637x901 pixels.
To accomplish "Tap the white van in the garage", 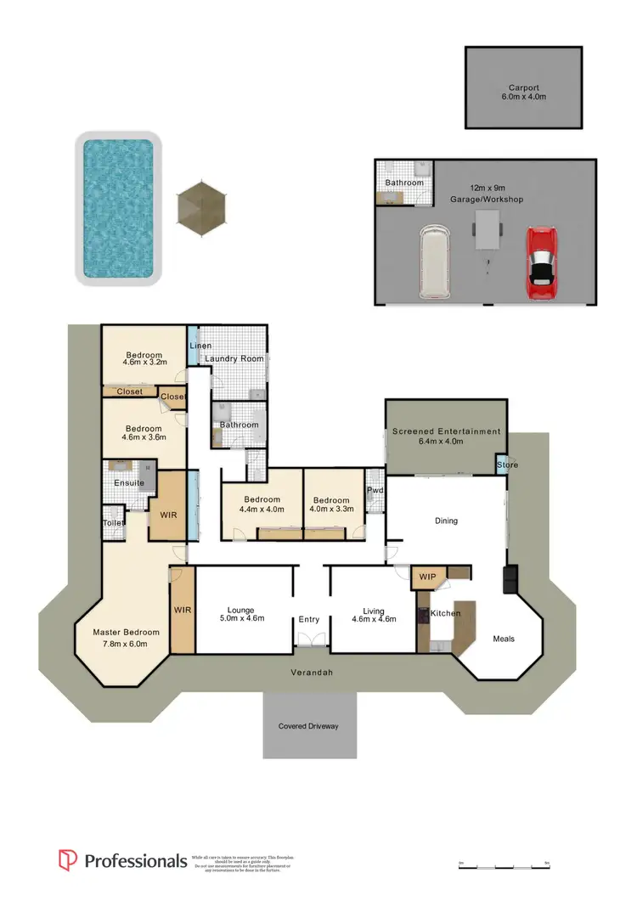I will (434, 262).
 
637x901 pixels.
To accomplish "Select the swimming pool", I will (118, 207).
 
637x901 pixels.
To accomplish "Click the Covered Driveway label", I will (308, 726).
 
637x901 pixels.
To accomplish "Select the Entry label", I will (308, 620).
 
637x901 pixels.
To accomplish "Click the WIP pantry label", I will (427, 577).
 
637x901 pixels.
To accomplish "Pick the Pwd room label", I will (375, 490).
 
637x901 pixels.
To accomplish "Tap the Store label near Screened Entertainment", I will (508, 465).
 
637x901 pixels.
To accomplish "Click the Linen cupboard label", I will (200, 346).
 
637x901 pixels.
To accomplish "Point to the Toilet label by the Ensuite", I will (114, 523).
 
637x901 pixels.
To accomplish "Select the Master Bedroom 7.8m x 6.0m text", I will (126, 638).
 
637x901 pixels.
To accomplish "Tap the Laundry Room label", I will (234, 359).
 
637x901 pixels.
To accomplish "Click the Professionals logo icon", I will (68, 860).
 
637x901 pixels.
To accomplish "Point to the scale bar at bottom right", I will (501, 864).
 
